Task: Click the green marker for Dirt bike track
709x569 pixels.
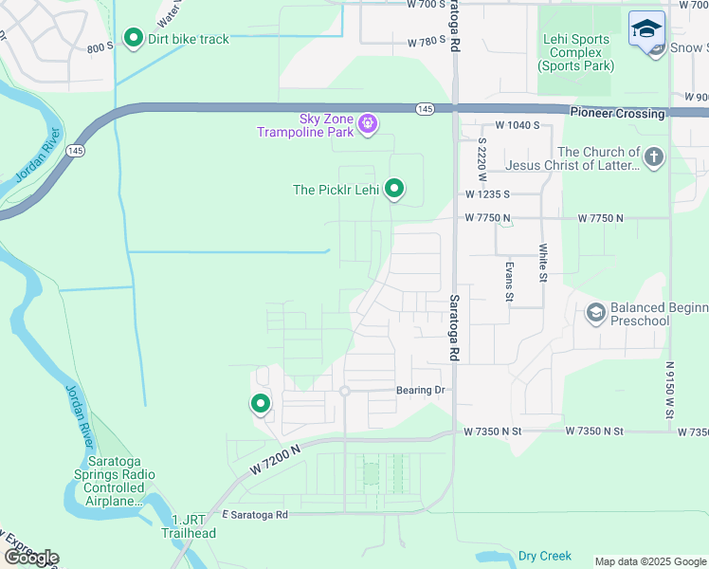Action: coord(134,38)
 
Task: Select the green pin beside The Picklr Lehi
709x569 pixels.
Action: coord(394,190)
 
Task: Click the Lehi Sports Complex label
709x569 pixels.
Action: coord(575,52)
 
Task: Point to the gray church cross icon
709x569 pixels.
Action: coord(654,157)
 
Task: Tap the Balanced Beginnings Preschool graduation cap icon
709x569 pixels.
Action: coord(595,313)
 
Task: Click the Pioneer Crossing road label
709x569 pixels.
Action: coord(617,113)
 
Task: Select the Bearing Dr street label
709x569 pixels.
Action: coord(420,390)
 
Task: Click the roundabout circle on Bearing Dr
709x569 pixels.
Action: coord(345,391)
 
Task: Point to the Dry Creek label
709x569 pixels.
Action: coord(545,556)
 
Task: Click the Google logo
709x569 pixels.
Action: coord(31,557)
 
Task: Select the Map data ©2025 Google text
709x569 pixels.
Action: coord(649,561)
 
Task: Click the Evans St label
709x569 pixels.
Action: coord(509,283)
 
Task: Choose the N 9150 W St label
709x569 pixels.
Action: coord(670,388)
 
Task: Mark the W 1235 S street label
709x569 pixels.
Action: coord(487,193)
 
